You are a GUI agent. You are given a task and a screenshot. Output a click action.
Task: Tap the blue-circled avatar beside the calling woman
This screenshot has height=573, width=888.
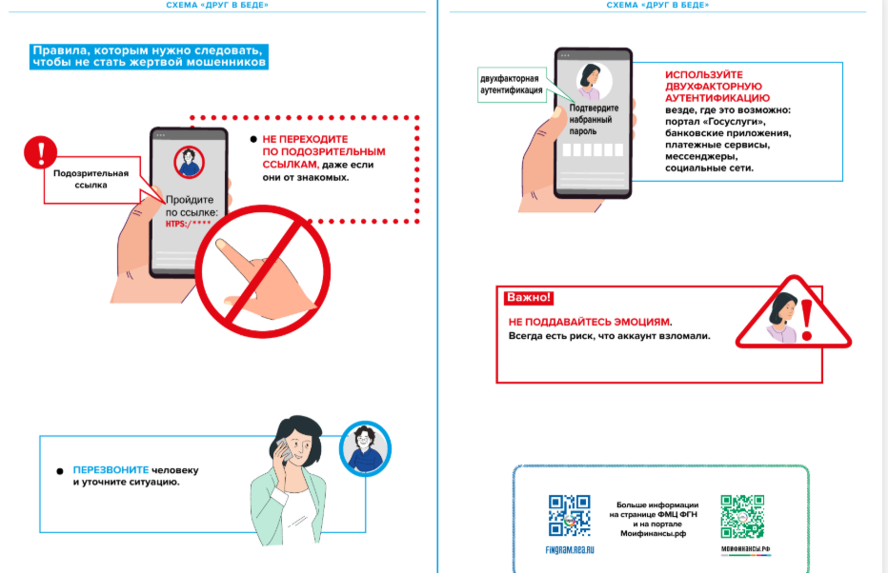point(365,447)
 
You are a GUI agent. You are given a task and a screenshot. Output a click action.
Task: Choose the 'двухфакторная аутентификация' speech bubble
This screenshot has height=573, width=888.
point(511,85)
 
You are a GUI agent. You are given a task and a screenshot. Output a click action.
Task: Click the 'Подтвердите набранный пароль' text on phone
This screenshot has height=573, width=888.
point(595,120)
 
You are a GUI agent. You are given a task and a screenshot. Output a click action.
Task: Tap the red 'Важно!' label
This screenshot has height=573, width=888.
point(529,298)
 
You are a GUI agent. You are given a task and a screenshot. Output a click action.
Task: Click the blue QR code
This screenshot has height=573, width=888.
point(570,517)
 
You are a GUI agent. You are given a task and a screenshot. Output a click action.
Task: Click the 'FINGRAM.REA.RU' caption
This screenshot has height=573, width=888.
point(571,550)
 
